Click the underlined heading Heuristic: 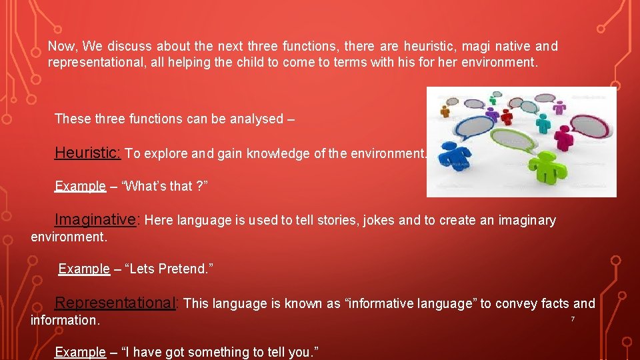(x=87, y=153)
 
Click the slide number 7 (x=572, y=320)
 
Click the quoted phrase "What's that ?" (x=163, y=186)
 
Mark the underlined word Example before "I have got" (x=80, y=352)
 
